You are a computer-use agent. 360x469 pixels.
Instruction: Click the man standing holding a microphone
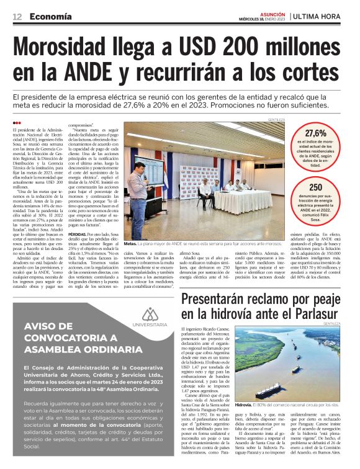pyautogui.click(x=139, y=189)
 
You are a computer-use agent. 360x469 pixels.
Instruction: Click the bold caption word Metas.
pyautogui.click(x=131, y=244)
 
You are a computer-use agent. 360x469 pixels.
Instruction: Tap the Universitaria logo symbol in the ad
pyautogui.click(x=150, y=314)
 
